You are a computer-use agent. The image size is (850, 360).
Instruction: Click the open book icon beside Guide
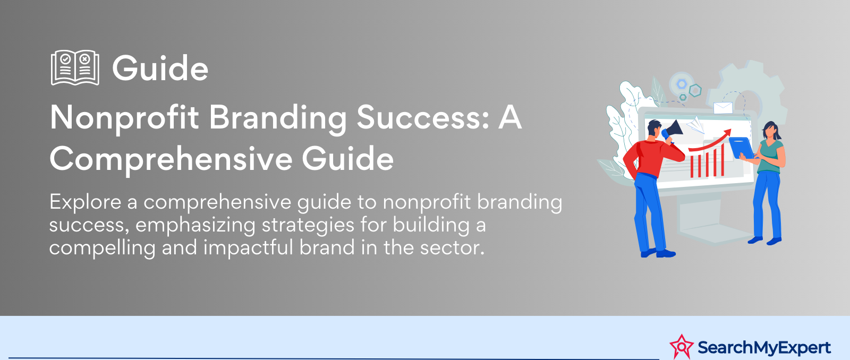(75, 67)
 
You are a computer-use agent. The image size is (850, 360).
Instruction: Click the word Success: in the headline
(423, 117)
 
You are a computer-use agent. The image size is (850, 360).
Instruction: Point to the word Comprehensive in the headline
(171, 159)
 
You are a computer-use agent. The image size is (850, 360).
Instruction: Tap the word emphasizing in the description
(195, 226)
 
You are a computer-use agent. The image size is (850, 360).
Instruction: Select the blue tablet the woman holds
(741, 148)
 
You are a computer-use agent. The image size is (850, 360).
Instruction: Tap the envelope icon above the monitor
(723, 108)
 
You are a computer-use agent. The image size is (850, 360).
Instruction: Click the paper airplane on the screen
(695, 125)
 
